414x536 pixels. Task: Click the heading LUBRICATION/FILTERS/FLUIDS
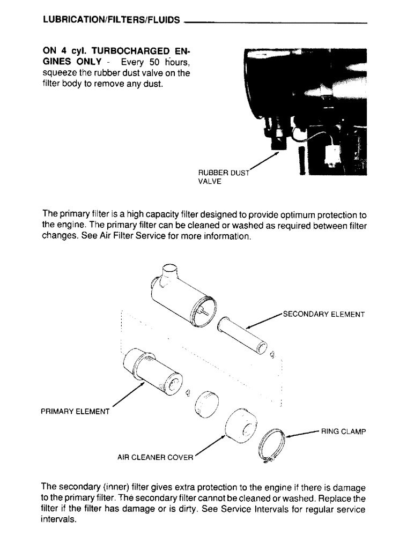coord(110,20)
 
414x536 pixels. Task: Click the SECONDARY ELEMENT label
coord(323,314)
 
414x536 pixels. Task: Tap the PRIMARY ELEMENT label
coord(75,412)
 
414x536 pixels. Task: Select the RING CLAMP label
coord(343,430)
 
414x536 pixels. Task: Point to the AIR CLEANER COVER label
coord(155,458)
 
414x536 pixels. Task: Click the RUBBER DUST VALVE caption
coord(218,177)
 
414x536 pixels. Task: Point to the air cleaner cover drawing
coord(241,427)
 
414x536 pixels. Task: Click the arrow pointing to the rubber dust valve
coord(265,162)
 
